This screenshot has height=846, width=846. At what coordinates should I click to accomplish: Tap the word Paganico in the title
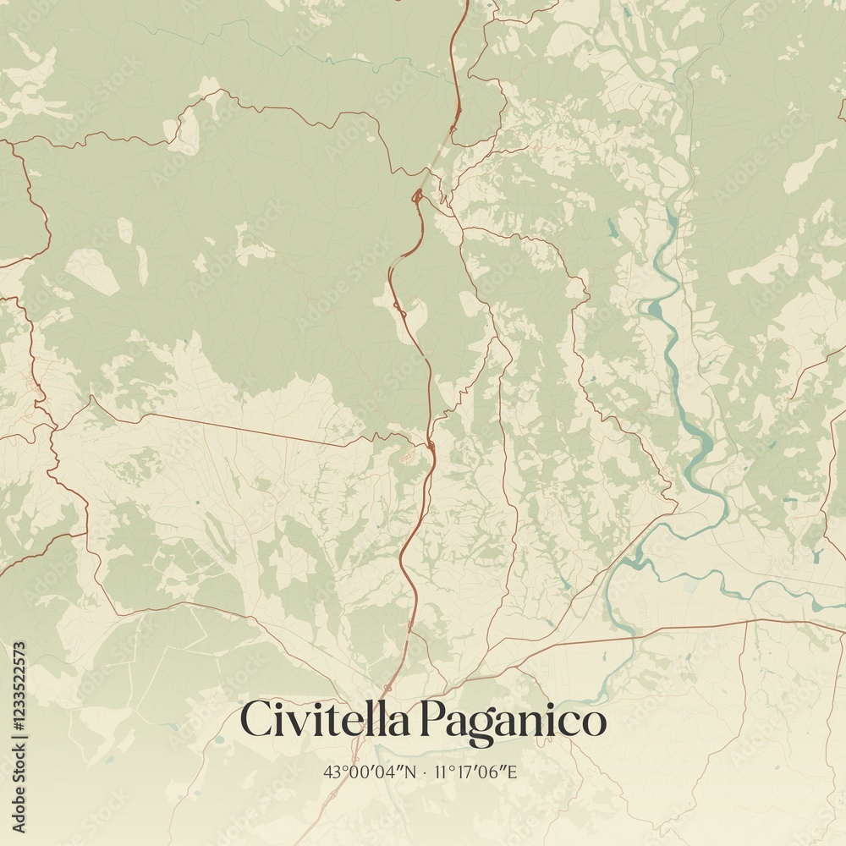pyautogui.click(x=514, y=722)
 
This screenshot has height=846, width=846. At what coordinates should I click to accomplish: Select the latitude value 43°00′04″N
pyautogui.click(x=371, y=772)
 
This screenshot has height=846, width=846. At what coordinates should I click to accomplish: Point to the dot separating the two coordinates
pyautogui.click(x=425, y=772)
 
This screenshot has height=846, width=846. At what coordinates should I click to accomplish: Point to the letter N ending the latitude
pyautogui.click(x=412, y=772)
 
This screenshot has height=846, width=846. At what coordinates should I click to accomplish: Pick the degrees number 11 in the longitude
pyautogui.click(x=439, y=772)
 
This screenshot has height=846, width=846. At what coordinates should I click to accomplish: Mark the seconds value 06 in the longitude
pyautogui.click(x=491, y=772)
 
